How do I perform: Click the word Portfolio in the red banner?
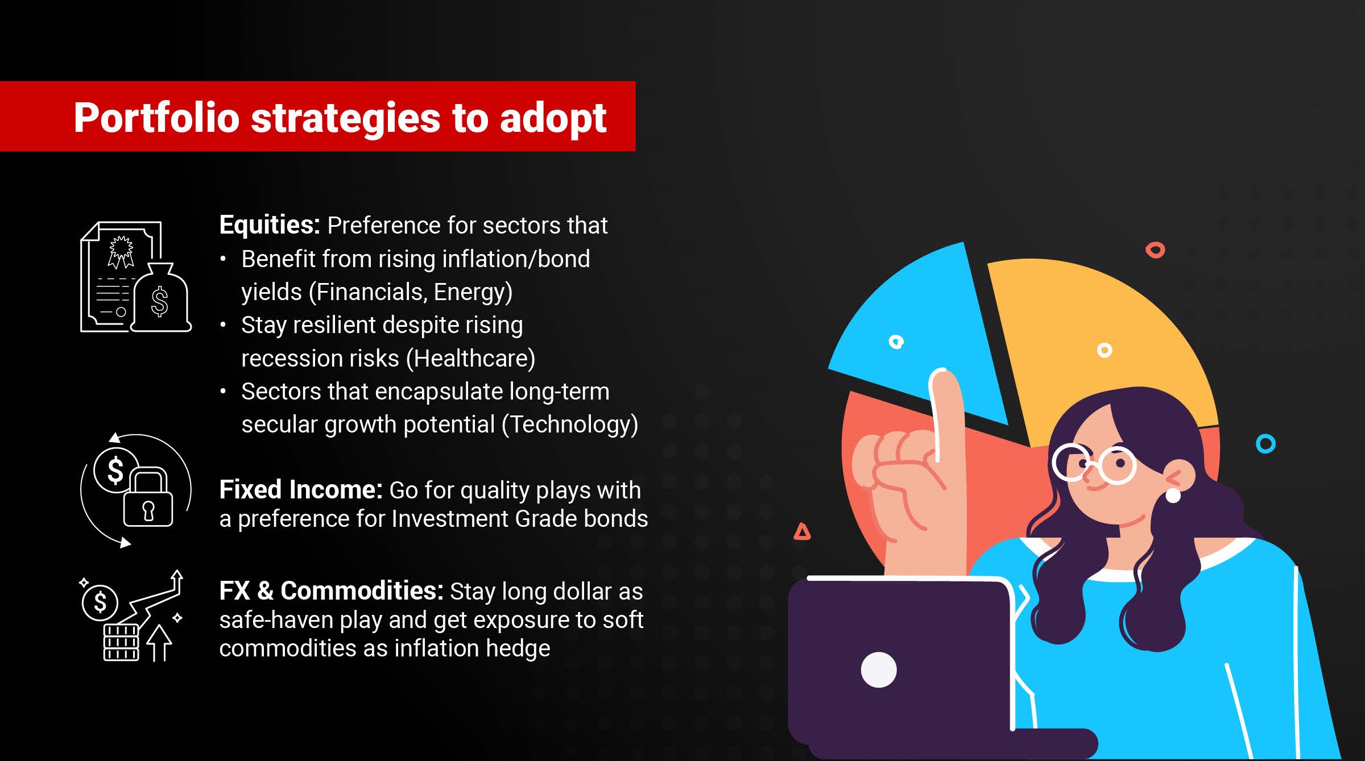click(156, 118)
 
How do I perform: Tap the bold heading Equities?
click(270, 225)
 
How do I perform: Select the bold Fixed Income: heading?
click(301, 489)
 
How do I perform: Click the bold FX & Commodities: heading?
click(331, 590)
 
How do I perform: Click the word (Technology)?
click(570, 425)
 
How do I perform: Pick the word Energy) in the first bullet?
click(473, 292)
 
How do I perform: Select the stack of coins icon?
click(121, 643)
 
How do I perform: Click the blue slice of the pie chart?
click(924, 330)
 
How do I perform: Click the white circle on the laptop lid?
click(879, 669)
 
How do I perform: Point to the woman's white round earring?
click(1173, 495)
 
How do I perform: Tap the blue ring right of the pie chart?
click(1265, 444)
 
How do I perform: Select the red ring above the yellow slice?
click(1155, 250)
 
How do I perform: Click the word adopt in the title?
click(553, 119)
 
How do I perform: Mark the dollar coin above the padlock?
click(115, 470)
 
